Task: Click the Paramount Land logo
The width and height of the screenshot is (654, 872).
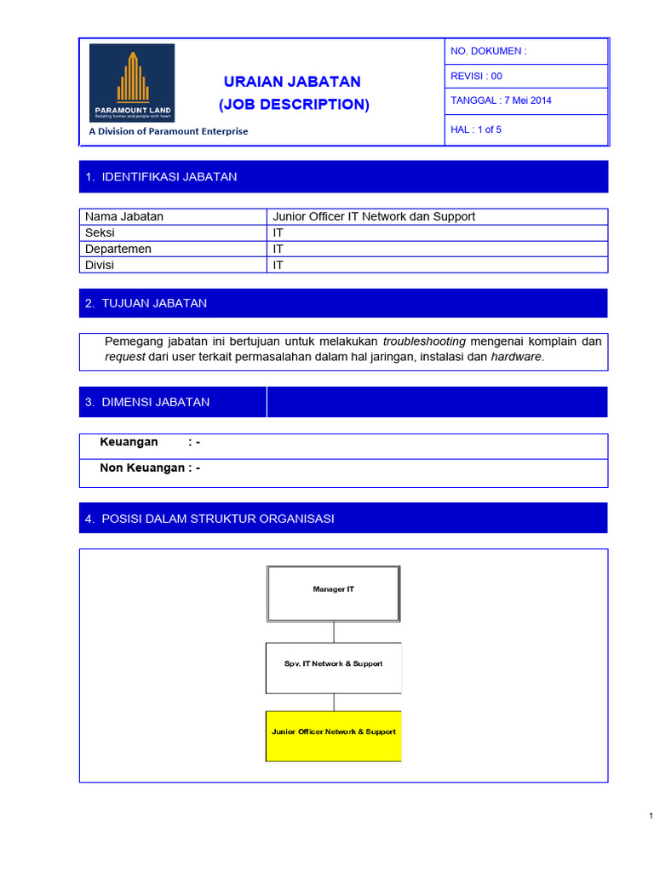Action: (132, 83)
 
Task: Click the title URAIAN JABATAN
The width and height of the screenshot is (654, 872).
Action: (292, 82)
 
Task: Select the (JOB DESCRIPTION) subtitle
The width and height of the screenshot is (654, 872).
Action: (294, 105)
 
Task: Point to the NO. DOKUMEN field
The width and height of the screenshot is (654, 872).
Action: (489, 51)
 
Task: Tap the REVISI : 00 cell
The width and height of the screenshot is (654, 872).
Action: (477, 76)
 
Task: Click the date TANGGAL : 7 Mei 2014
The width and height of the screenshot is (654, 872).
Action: (501, 100)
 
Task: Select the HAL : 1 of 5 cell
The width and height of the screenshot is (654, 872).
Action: (476, 129)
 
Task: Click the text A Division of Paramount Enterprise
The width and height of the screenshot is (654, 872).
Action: (169, 131)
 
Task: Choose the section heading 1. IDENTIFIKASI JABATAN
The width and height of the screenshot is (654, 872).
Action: (161, 177)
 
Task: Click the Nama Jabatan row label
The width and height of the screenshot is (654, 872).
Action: (124, 216)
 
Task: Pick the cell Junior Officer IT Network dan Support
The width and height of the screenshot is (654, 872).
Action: (374, 216)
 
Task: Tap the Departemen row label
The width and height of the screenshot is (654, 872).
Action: (118, 249)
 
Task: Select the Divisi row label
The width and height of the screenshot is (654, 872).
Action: (100, 265)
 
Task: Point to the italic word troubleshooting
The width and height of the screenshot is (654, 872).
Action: (424, 341)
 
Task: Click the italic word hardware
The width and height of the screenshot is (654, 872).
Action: (515, 357)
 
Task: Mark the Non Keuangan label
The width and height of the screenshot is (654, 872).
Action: (142, 468)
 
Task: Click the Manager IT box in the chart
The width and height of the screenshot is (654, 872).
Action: (333, 589)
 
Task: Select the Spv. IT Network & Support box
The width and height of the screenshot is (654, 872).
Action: (333, 663)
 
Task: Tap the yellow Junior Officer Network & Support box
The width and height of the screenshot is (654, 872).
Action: (333, 731)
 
